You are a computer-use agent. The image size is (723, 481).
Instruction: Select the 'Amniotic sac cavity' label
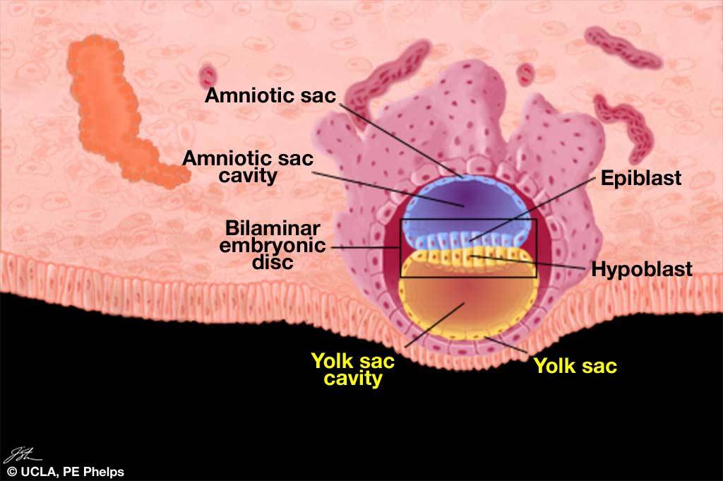point(247,167)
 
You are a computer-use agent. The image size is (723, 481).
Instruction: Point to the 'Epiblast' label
point(640,178)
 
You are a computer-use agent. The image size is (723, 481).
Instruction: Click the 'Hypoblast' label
point(641,269)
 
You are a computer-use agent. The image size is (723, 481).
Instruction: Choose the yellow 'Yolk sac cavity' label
point(353,370)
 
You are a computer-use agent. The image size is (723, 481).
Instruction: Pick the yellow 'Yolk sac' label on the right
point(575,366)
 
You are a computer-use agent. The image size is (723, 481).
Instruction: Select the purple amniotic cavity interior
point(462,198)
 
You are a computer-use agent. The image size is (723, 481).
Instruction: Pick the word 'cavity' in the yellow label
point(353,379)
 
